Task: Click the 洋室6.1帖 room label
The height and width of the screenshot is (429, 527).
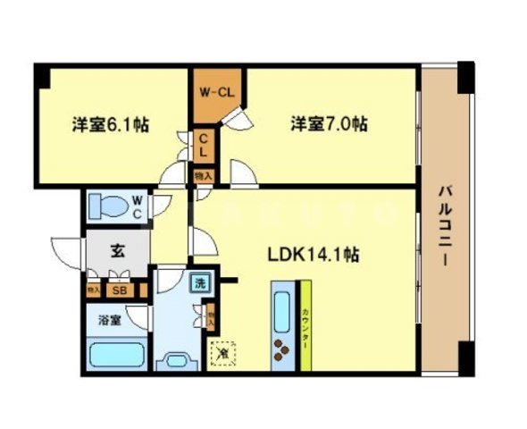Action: [x=110, y=125]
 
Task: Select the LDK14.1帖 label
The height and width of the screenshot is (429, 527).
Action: [x=314, y=255]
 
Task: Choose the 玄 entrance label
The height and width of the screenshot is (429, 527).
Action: [x=117, y=250]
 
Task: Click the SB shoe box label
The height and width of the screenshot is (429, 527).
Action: [x=118, y=290]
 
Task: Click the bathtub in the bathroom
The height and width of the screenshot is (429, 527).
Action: [x=115, y=353]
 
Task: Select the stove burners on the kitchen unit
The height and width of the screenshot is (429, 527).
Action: [x=283, y=351]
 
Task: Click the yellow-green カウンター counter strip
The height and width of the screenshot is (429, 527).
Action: [x=304, y=325]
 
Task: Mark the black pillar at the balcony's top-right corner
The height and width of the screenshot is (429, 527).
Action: [x=465, y=79]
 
